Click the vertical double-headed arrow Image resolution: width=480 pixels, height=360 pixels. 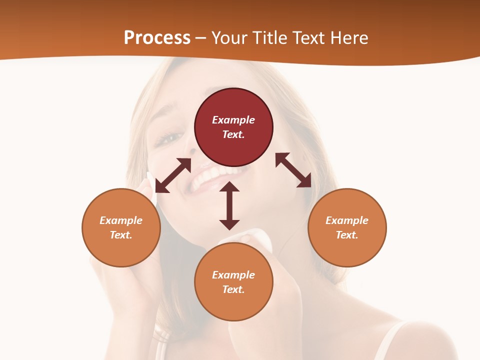click(x=229, y=205)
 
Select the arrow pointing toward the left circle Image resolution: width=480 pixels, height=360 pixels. click(x=173, y=175)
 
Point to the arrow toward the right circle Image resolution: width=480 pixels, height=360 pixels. click(x=293, y=170)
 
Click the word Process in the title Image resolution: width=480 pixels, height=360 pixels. click(x=157, y=37)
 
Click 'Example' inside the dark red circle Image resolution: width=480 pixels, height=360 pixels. click(x=233, y=120)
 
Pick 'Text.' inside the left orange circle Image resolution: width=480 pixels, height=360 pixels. click(x=121, y=235)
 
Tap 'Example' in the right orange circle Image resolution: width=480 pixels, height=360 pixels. click(x=347, y=220)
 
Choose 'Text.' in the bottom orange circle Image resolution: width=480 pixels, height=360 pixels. click(x=233, y=289)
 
